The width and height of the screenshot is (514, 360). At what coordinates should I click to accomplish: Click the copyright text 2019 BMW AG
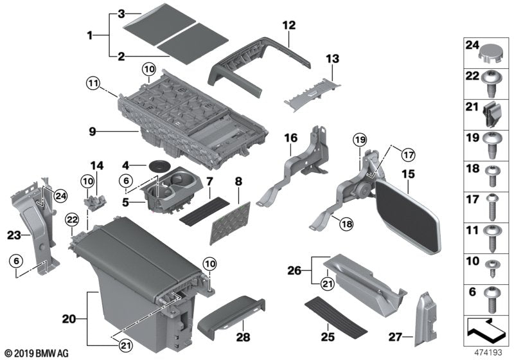(x=37, y=353)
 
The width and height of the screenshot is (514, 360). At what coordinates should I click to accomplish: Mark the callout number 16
(x=291, y=138)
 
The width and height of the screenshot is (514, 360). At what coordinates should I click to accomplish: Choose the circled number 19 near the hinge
(x=359, y=139)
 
